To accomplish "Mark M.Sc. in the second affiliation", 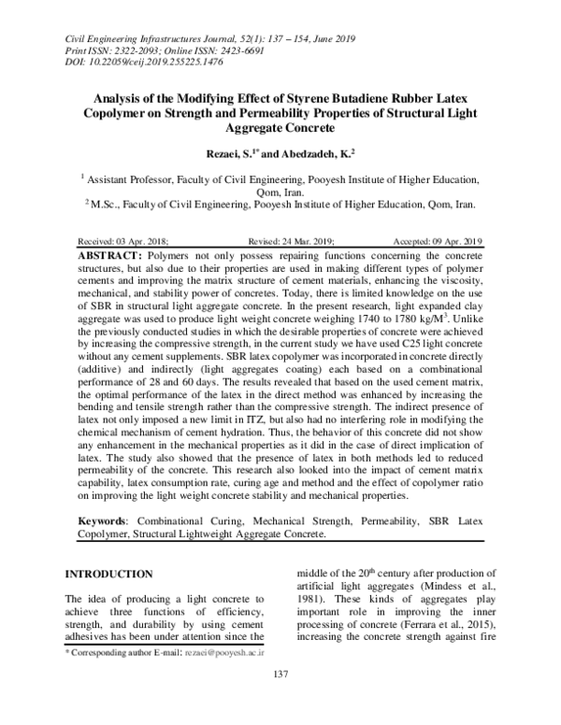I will click(104, 201).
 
